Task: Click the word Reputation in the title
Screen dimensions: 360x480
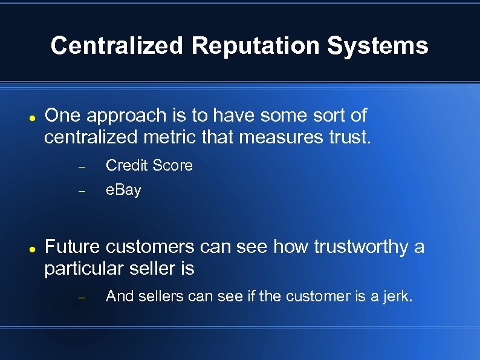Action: [x=256, y=46]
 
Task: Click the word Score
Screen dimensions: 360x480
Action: [x=172, y=166]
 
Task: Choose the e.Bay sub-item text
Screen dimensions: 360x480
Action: [x=123, y=190]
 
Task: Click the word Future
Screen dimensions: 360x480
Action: [x=73, y=247]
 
